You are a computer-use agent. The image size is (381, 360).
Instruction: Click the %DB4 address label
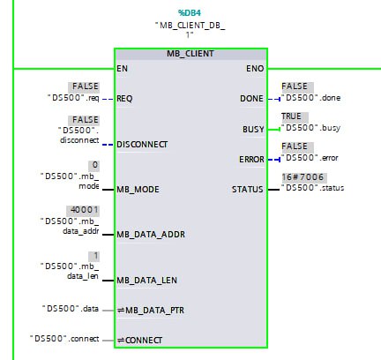pos(190,13)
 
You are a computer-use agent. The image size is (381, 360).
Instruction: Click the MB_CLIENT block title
pos(190,54)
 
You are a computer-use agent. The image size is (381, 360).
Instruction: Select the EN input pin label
pos(122,69)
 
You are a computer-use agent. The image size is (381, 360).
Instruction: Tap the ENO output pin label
pos(255,69)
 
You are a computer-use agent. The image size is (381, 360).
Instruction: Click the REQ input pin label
pos(124,98)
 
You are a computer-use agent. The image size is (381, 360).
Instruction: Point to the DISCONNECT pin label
pos(142,145)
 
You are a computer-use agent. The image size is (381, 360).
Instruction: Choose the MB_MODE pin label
pos(138,189)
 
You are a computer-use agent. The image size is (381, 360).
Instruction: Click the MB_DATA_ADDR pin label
pos(151,235)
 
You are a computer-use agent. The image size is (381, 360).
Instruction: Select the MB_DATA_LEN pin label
pos(146,280)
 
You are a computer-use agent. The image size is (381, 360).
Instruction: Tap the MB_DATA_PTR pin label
pos(151,311)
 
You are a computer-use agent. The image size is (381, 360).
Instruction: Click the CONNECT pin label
pos(139,341)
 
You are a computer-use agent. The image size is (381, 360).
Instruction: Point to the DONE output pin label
pos(251,98)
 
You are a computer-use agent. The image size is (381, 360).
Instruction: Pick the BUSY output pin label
pos(253,129)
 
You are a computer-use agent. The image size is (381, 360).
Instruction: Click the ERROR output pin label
pos(251,160)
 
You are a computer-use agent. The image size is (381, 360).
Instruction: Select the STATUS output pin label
pos(248,189)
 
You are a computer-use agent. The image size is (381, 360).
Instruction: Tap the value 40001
pos(84,210)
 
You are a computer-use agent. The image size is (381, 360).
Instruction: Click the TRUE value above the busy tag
pos(291,116)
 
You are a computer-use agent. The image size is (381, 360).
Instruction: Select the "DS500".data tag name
pos(71,309)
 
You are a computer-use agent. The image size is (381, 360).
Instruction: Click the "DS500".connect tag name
pos(64,339)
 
